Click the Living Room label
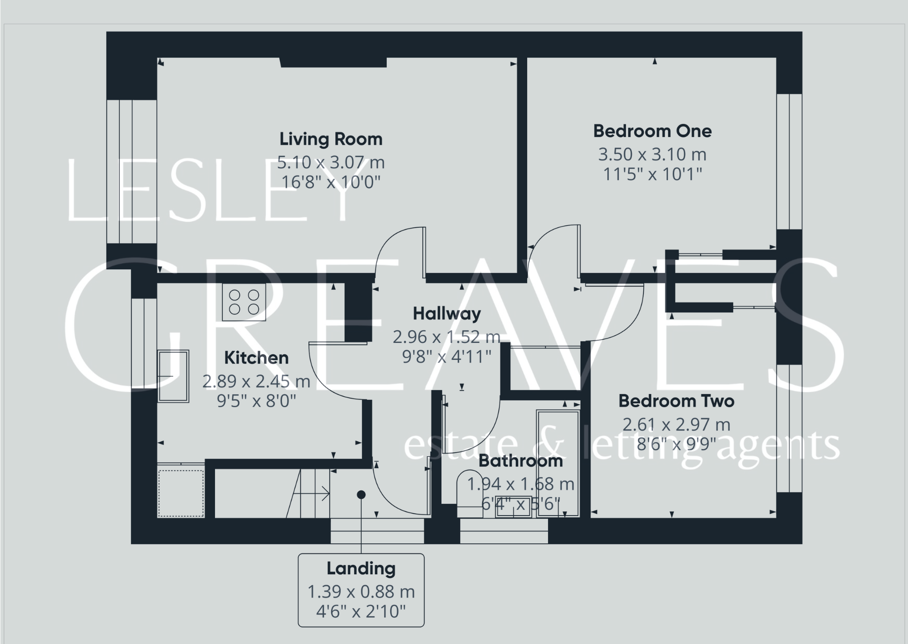pos(331,139)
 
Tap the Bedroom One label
pos(652,131)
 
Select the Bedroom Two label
pos(676,401)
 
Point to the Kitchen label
pos(256,358)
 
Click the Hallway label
pos(446,314)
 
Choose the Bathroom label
pos(520,461)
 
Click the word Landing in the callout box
pos(361,568)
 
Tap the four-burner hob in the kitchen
pos(244,302)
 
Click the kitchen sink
pos(173,376)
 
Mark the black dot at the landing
pos(361,495)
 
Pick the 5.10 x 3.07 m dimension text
pos(331,162)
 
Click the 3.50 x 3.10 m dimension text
pos(652,154)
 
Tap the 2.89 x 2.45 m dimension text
pos(256,381)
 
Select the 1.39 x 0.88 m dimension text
pos(361,592)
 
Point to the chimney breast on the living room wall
pos(333,62)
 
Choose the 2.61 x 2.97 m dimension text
pos(676,424)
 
